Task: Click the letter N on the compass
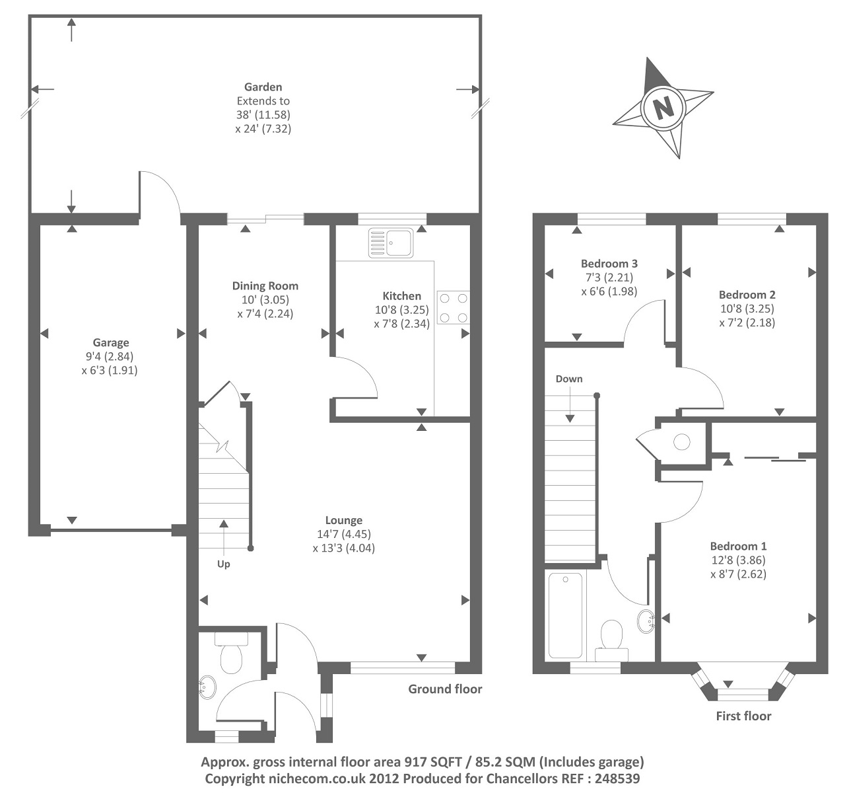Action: pos(662,106)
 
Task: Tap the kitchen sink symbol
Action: pos(390,242)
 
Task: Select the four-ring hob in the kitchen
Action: pos(453,308)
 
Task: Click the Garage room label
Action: pos(110,342)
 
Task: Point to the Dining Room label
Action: pos(265,285)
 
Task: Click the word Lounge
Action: pos(343,520)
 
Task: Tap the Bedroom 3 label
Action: pos(609,263)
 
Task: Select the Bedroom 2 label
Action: pos(747,295)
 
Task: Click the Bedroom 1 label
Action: pos(738,546)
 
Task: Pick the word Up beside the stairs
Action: pos(224,564)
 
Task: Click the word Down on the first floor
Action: pos(568,379)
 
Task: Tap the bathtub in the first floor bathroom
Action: pos(566,615)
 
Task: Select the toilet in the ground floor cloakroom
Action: pos(231,654)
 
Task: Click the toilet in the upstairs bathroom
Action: pos(612,637)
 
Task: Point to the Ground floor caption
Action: pos(445,689)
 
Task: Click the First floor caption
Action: pos(743,716)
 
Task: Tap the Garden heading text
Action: pos(263,87)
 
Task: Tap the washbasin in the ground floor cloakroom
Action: pos(207,687)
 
